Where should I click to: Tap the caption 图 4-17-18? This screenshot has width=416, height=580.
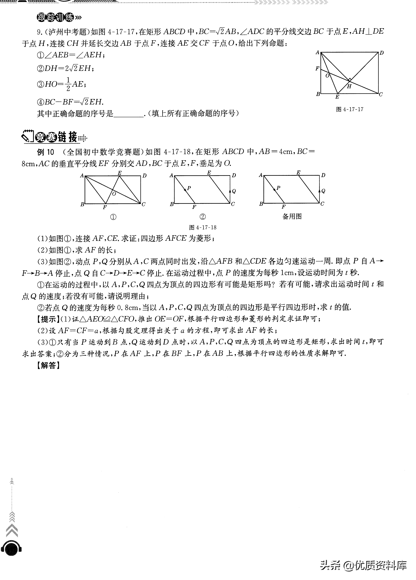click(x=203, y=227)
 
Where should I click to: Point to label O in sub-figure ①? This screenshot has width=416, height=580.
click(x=114, y=194)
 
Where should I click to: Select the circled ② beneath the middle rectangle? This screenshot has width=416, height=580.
click(x=202, y=217)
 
